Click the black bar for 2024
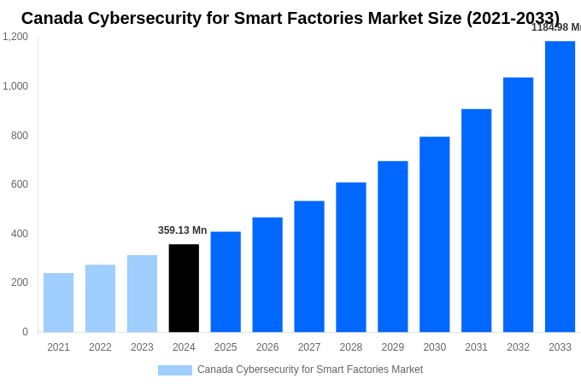pos(184,288)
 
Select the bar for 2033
pos(560,187)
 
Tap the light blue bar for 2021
pos(58,303)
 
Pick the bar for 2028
pos(350,257)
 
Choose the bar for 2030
pos(434,235)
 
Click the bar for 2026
pos(267,275)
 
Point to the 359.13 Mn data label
pos(182,230)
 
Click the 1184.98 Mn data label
pos(555,27)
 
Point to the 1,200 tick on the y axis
pos(15,37)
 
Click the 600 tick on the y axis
pos(19,184)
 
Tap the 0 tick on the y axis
pos(25,332)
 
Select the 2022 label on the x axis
pos(100,347)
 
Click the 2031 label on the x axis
pos(476,347)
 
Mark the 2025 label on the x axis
pos(226,347)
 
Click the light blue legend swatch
pos(174,370)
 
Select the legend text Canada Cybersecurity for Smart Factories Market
pos(309,369)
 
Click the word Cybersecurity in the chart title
pos(154,18)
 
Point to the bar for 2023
pos(142,294)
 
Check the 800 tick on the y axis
pos(19,135)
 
